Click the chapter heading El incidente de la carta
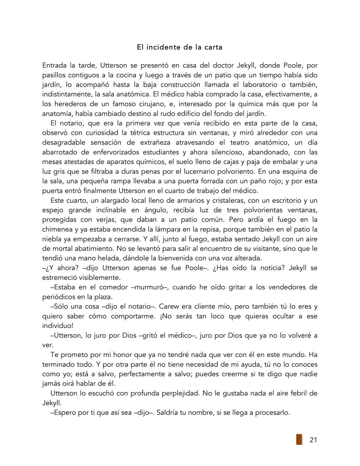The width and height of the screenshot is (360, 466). [x=179, y=47]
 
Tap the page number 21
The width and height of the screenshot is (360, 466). [x=313, y=440]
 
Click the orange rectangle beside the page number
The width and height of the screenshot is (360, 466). [x=299, y=439]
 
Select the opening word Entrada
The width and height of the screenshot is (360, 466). [x=54, y=65]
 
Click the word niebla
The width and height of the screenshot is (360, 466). [x=52, y=240]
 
